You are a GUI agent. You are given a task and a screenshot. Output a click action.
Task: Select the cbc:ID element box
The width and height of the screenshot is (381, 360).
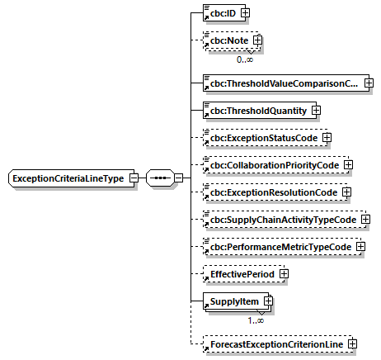[220, 13]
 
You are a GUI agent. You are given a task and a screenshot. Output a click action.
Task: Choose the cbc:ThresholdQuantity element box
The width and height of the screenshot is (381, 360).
[256, 111]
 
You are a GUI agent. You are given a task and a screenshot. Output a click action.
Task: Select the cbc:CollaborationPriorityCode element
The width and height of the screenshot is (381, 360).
[273, 165]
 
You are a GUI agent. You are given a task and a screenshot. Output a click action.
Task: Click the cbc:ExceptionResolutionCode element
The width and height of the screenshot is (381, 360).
[272, 192]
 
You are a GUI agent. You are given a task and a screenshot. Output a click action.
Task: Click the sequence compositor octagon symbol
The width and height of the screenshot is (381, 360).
[159, 178]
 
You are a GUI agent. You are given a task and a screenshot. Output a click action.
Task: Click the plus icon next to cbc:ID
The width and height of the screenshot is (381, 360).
[245, 13]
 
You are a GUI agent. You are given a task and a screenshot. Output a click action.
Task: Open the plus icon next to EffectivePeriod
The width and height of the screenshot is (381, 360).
[284, 274]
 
